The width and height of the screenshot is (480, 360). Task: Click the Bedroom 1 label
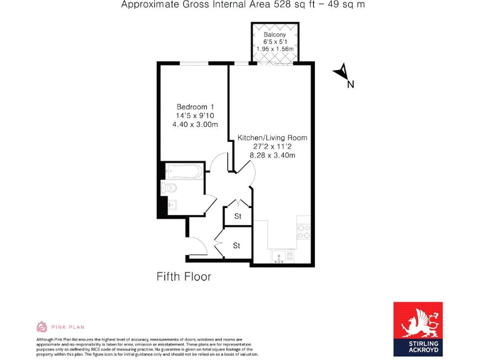[195, 107]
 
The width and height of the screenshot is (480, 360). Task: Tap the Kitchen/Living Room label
[272, 137]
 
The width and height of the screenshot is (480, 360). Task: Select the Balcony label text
[275, 34]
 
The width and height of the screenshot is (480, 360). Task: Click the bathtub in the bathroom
[182, 171]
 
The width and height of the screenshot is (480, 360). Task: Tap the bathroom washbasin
[172, 204]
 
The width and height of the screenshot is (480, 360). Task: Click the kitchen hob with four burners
[303, 232]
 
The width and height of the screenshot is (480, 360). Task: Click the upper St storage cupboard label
[237, 216]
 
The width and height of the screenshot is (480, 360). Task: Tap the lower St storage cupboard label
[236, 246]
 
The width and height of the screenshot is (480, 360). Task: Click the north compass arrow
[340, 72]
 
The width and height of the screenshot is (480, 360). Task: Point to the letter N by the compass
[350, 86]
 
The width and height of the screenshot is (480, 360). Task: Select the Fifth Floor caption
[183, 276]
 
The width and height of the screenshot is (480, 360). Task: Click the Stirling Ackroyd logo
[417, 329]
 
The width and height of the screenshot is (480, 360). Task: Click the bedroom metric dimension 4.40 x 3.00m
[195, 124]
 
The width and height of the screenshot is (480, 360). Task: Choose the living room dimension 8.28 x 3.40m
[272, 155]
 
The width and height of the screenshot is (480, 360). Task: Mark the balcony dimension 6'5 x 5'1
[275, 42]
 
